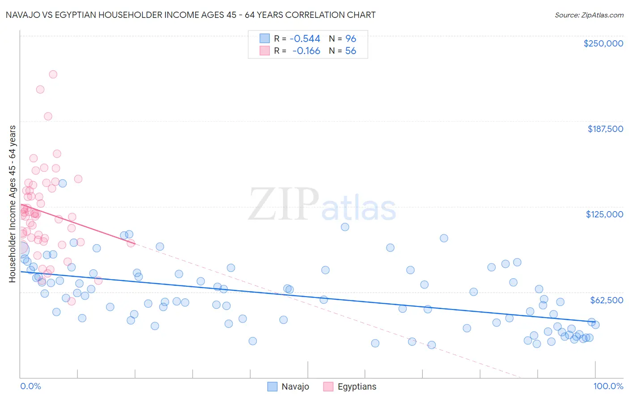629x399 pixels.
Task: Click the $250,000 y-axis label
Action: point(603,43)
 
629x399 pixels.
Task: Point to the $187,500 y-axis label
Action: point(605,129)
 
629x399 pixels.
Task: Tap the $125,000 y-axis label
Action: point(604,214)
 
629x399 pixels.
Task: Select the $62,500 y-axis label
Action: point(606,300)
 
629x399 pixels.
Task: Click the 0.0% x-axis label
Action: point(30,386)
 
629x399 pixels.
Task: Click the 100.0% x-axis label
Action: point(608,386)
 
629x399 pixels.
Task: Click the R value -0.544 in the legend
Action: point(305,39)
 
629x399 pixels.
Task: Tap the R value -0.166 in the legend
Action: point(306,51)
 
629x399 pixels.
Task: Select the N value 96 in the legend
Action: point(351,39)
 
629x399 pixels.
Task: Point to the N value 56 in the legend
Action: point(351,51)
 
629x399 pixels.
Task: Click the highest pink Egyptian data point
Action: point(53,74)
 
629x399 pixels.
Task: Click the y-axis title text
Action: point(13,204)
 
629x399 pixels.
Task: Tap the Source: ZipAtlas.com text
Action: point(589,15)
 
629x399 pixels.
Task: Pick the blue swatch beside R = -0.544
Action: point(265,38)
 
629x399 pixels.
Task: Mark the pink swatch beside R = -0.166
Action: point(265,51)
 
